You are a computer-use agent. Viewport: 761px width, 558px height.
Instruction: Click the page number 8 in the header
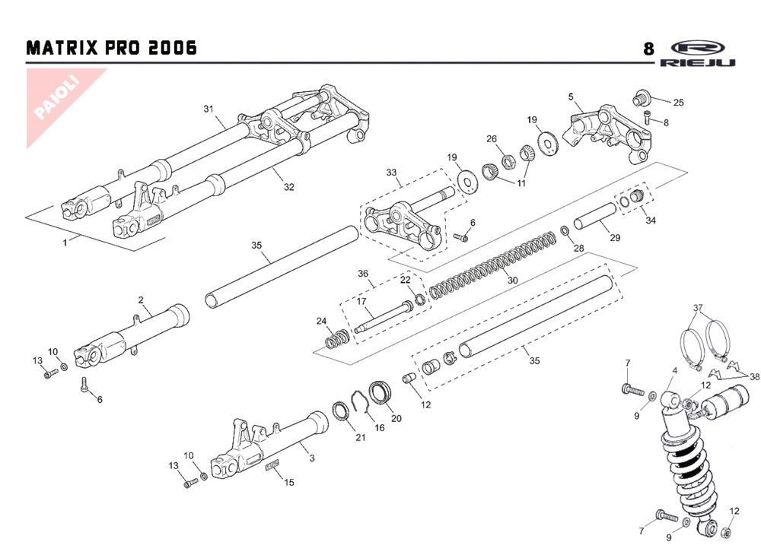(x=648, y=49)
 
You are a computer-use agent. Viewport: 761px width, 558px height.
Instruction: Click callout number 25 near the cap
(x=678, y=102)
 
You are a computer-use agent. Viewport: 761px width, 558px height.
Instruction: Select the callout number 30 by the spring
(x=512, y=280)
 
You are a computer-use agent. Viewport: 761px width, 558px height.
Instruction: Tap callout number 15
(x=288, y=482)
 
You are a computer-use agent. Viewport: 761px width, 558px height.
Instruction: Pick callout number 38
(x=754, y=377)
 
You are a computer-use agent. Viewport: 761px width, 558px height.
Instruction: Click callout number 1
(x=65, y=242)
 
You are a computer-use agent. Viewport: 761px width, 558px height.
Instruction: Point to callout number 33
(x=392, y=173)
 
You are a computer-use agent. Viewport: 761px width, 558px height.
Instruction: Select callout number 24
(x=322, y=320)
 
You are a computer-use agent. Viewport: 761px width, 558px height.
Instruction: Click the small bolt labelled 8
(x=647, y=117)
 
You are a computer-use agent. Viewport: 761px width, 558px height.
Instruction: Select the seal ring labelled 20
(x=380, y=394)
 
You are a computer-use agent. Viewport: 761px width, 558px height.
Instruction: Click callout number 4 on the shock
(x=674, y=371)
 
